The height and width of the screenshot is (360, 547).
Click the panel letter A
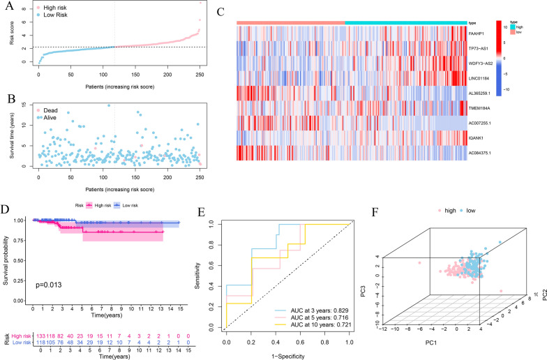click(x=6, y=6)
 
